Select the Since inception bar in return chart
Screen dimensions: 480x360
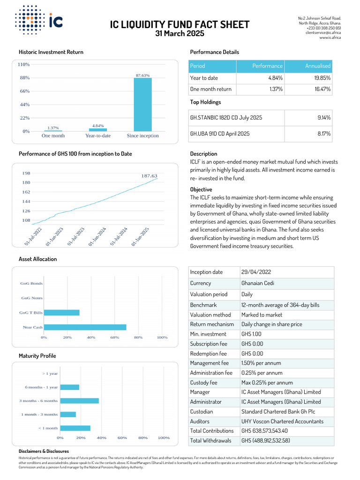(x=142, y=104)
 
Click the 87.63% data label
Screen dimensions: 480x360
(x=142, y=75)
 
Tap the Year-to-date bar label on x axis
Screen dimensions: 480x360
(x=98, y=135)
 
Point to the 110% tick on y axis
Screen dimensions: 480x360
(x=24, y=64)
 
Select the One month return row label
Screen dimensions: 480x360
(x=210, y=89)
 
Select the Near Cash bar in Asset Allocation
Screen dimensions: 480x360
(x=85, y=327)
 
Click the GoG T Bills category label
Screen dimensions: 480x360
(x=31, y=313)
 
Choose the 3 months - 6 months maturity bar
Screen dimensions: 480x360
(x=79, y=401)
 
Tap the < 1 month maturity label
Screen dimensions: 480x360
(x=48, y=428)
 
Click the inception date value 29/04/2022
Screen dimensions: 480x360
(x=256, y=272)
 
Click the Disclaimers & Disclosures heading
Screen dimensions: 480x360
(x=44, y=451)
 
